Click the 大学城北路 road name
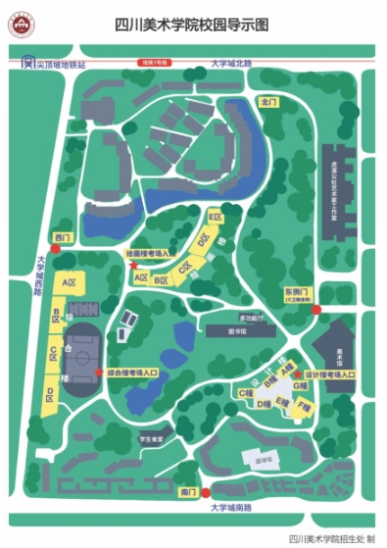231,63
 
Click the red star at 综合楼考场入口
100,372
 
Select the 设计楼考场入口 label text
329,374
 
